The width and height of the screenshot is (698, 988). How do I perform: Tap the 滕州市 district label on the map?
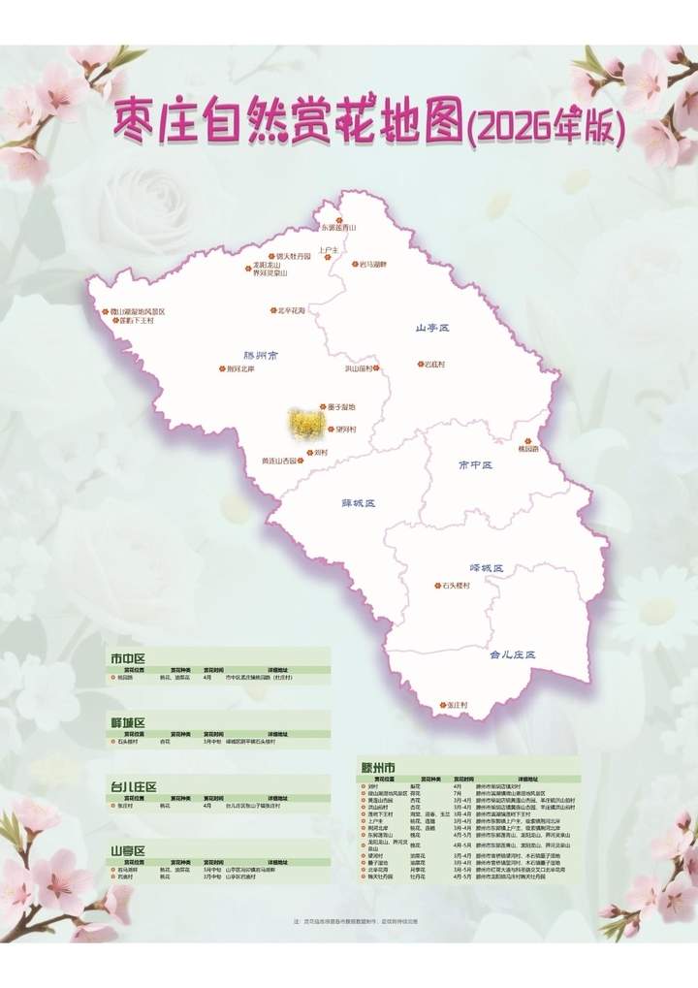[x=260, y=356]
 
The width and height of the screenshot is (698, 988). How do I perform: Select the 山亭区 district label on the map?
[x=432, y=329]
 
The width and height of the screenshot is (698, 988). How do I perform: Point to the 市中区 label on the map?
[x=475, y=465]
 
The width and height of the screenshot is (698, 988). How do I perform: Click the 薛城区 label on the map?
[x=359, y=503]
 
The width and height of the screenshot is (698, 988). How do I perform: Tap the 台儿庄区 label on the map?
[x=512, y=654]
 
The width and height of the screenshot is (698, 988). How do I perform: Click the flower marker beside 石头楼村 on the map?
[x=436, y=586]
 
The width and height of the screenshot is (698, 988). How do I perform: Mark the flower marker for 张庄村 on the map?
[x=441, y=704]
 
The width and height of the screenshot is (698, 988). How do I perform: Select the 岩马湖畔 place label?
[x=372, y=264]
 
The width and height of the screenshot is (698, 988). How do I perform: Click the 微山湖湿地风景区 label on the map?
[x=139, y=311]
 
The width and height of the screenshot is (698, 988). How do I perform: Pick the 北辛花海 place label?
[x=292, y=310]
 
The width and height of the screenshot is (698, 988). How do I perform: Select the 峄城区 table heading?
[x=127, y=723]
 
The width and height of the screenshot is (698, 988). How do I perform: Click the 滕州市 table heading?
[x=378, y=766]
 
